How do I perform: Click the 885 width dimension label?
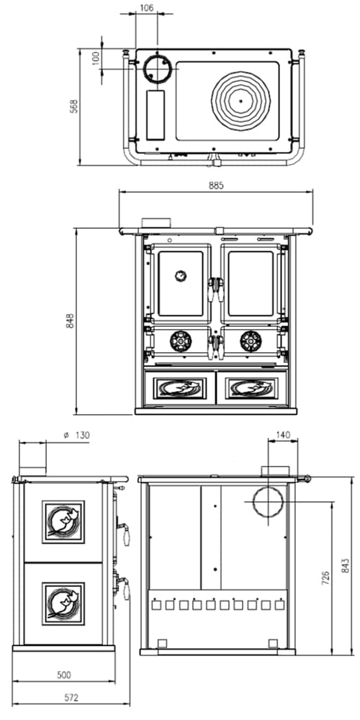click(x=216, y=186)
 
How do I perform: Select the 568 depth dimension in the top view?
click(x=74, y=106)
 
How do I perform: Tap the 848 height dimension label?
click(x=70, y=321)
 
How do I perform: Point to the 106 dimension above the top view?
click(x=147, y=8)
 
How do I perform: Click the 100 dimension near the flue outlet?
click(x=96, y=58)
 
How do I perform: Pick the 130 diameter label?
click(x=78, y=435)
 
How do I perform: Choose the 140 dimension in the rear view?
click(x=283, y=435)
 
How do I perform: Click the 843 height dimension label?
click(x=346, y=566)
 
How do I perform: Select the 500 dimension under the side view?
click(x=64, y=675)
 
